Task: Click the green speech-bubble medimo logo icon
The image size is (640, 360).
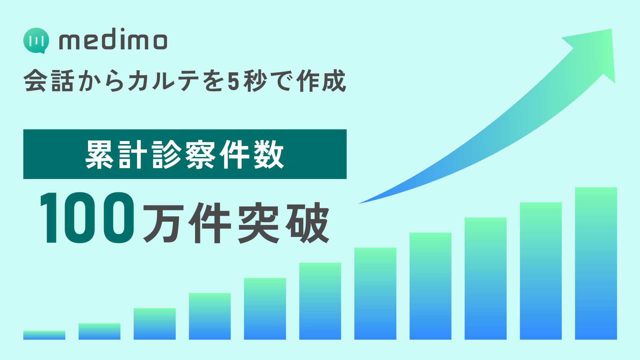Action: click(36, 40)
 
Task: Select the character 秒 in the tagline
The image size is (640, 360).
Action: click(255, 81)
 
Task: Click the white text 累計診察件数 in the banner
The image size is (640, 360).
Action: click(185, 154)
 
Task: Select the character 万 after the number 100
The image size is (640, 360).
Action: click(163, 223)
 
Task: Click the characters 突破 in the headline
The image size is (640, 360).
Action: click(283, 223)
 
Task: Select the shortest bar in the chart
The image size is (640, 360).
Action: click(44, 335)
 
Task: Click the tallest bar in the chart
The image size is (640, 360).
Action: click(596, 263)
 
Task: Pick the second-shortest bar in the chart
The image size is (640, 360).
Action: click(99, 331)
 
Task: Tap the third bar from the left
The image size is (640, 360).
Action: click(155, 324)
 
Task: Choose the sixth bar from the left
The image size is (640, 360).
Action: click(320, 301)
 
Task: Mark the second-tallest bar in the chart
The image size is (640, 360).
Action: click(541, 271)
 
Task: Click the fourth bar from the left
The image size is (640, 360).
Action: click(210, 316)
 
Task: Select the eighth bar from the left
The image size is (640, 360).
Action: click(430, 286)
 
